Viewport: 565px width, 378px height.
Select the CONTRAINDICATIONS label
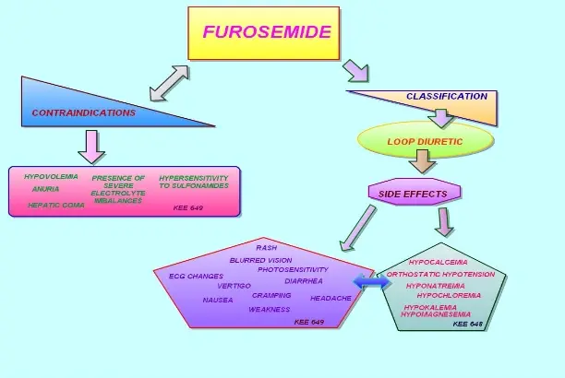click(84, 113)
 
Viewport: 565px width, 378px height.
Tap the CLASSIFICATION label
click(447, 96)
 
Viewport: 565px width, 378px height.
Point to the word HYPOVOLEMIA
click(52, 176)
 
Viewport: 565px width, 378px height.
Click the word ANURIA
click(45, 188)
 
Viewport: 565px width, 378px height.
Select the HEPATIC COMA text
click(55, 205)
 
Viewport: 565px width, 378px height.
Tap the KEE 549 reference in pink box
click(187, 207)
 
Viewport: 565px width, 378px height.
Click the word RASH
click(267, 248)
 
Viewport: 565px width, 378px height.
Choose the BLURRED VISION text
click(261, 260)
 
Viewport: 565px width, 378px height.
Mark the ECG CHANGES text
click(196, 276)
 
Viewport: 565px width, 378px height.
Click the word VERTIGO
click(234, 286)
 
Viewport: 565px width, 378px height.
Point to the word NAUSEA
click(218, 300)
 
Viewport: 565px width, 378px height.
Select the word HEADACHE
click(331, 298)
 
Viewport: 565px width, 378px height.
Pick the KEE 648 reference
click(467, 324)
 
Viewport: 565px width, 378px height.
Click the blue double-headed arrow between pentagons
click(373, 287)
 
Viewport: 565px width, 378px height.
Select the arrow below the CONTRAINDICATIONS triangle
click(90, 145)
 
